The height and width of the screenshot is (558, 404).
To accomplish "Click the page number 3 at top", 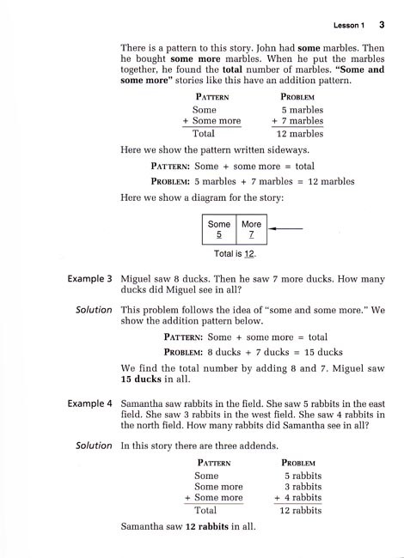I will [x=380, y=23].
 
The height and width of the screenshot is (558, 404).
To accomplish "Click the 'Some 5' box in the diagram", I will [x=219, y=228].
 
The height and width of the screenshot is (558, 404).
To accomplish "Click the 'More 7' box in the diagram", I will [x=251, y=228].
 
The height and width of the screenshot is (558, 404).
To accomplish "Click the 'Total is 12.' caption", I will [x=234, y=255].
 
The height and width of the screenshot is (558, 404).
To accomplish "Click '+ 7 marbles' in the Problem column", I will [x=297, y=121].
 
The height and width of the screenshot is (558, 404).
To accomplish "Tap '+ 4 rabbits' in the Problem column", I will [x=297, y=497].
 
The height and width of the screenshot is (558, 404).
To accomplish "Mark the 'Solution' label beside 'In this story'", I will [x=94, y=445].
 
